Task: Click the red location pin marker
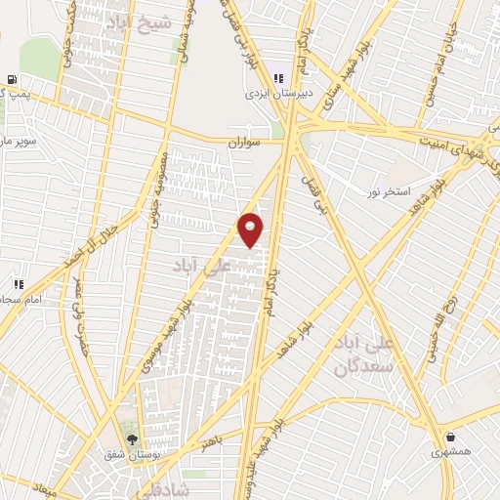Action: pos(251,229)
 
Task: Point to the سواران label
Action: pos(247,143)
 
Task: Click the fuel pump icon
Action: pos(11,80)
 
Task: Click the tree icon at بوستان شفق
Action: pos(130,437)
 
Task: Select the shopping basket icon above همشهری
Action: pos(450,436)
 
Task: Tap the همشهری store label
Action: pos(450,453)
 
